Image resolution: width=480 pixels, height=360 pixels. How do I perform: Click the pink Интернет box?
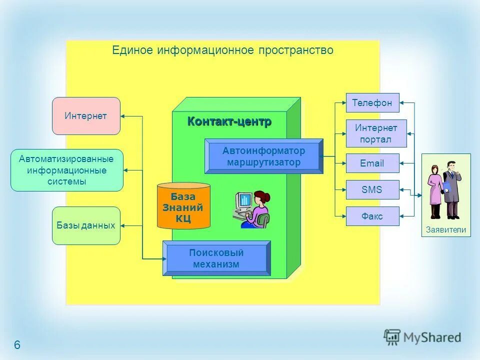click(86, 116)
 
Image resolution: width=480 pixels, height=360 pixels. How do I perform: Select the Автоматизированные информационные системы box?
click(66, 170)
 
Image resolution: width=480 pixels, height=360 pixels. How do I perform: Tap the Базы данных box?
click(86, 225)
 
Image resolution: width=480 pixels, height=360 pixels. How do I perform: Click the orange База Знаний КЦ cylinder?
click(183, 206)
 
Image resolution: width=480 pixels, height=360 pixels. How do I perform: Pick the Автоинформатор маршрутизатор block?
click(263, 156)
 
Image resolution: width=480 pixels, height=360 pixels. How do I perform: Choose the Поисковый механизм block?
click(216, 258)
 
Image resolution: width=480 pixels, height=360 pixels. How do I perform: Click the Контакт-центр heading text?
click(229, 121)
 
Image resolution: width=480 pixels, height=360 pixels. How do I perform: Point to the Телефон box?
click(372, 103)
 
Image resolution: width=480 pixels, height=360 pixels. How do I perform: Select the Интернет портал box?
click(376, 133)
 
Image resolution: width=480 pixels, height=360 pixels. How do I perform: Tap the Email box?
click(372, 163)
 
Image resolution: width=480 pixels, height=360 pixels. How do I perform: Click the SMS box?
click(372, 190)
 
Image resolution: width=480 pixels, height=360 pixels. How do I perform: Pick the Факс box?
click(372, 216)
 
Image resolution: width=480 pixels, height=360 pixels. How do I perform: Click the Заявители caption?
click(446, 230)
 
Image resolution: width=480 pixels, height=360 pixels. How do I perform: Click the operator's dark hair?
click(262, 196)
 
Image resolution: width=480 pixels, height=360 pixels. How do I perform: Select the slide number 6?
click(17, 345)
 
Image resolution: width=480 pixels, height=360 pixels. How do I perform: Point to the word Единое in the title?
click(133, 50)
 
